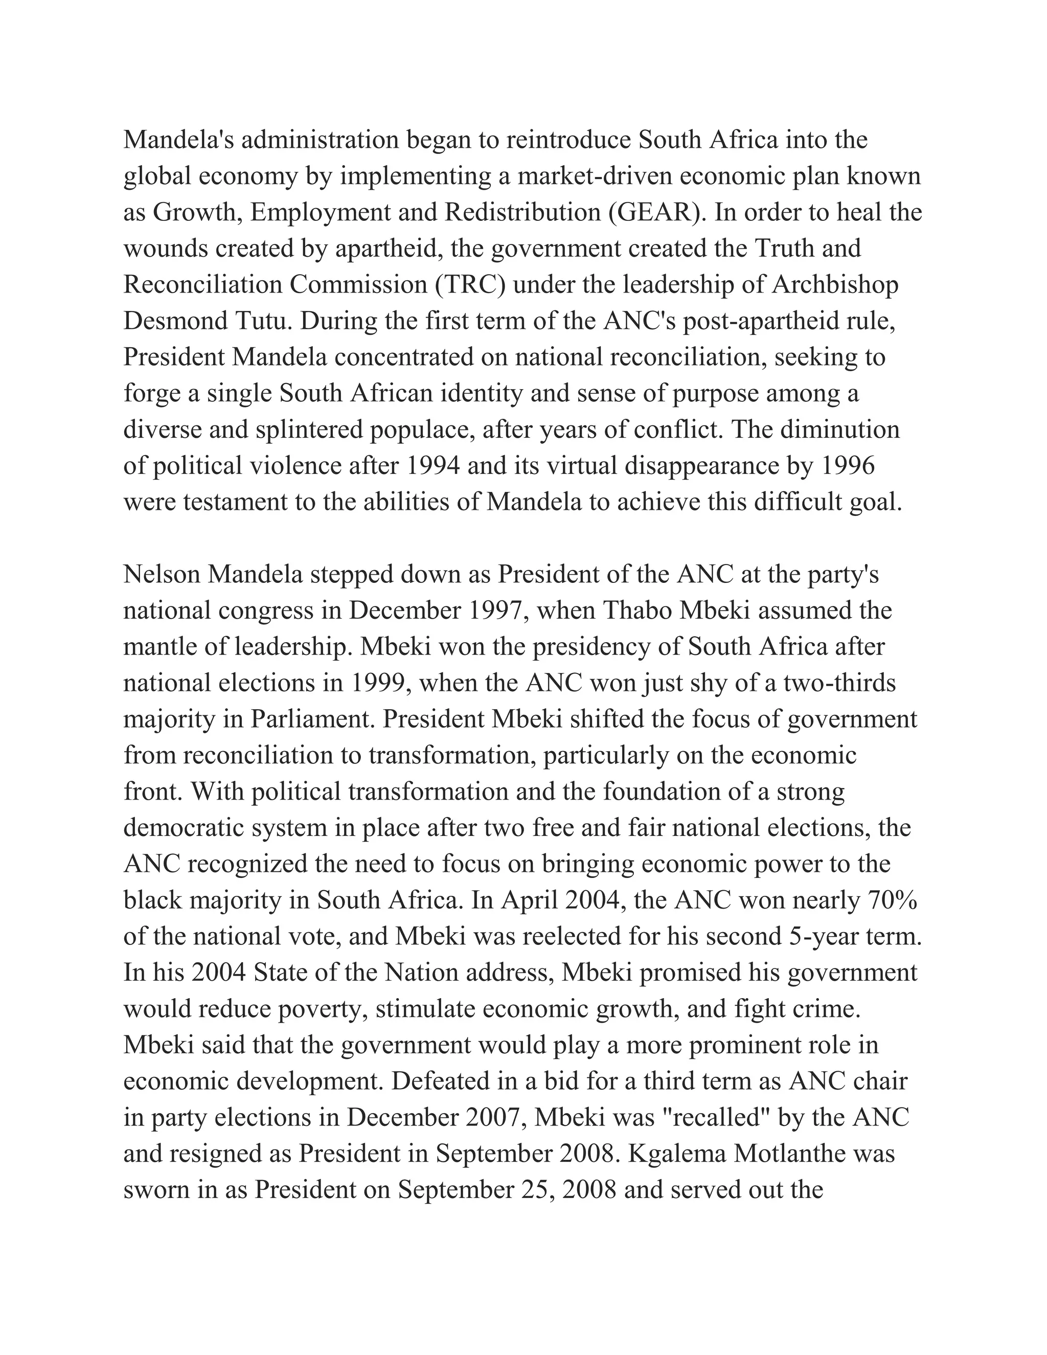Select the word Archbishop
834,285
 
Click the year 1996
847,466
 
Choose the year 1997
497,611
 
